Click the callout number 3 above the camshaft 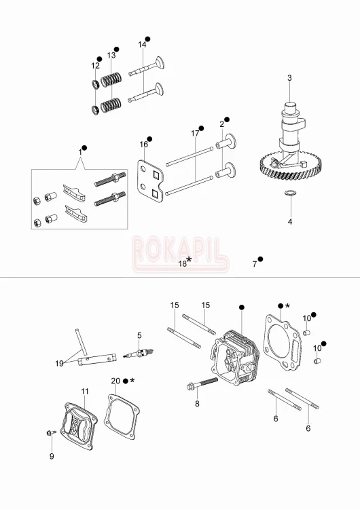[289, 78]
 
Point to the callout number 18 [182, 263]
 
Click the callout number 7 [255, 263]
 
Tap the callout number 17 [195, 133]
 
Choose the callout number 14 [142, 45]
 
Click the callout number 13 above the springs [111, 55]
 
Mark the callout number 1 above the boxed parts [79, 153]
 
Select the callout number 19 [59, 363]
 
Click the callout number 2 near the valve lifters [221, 124]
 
